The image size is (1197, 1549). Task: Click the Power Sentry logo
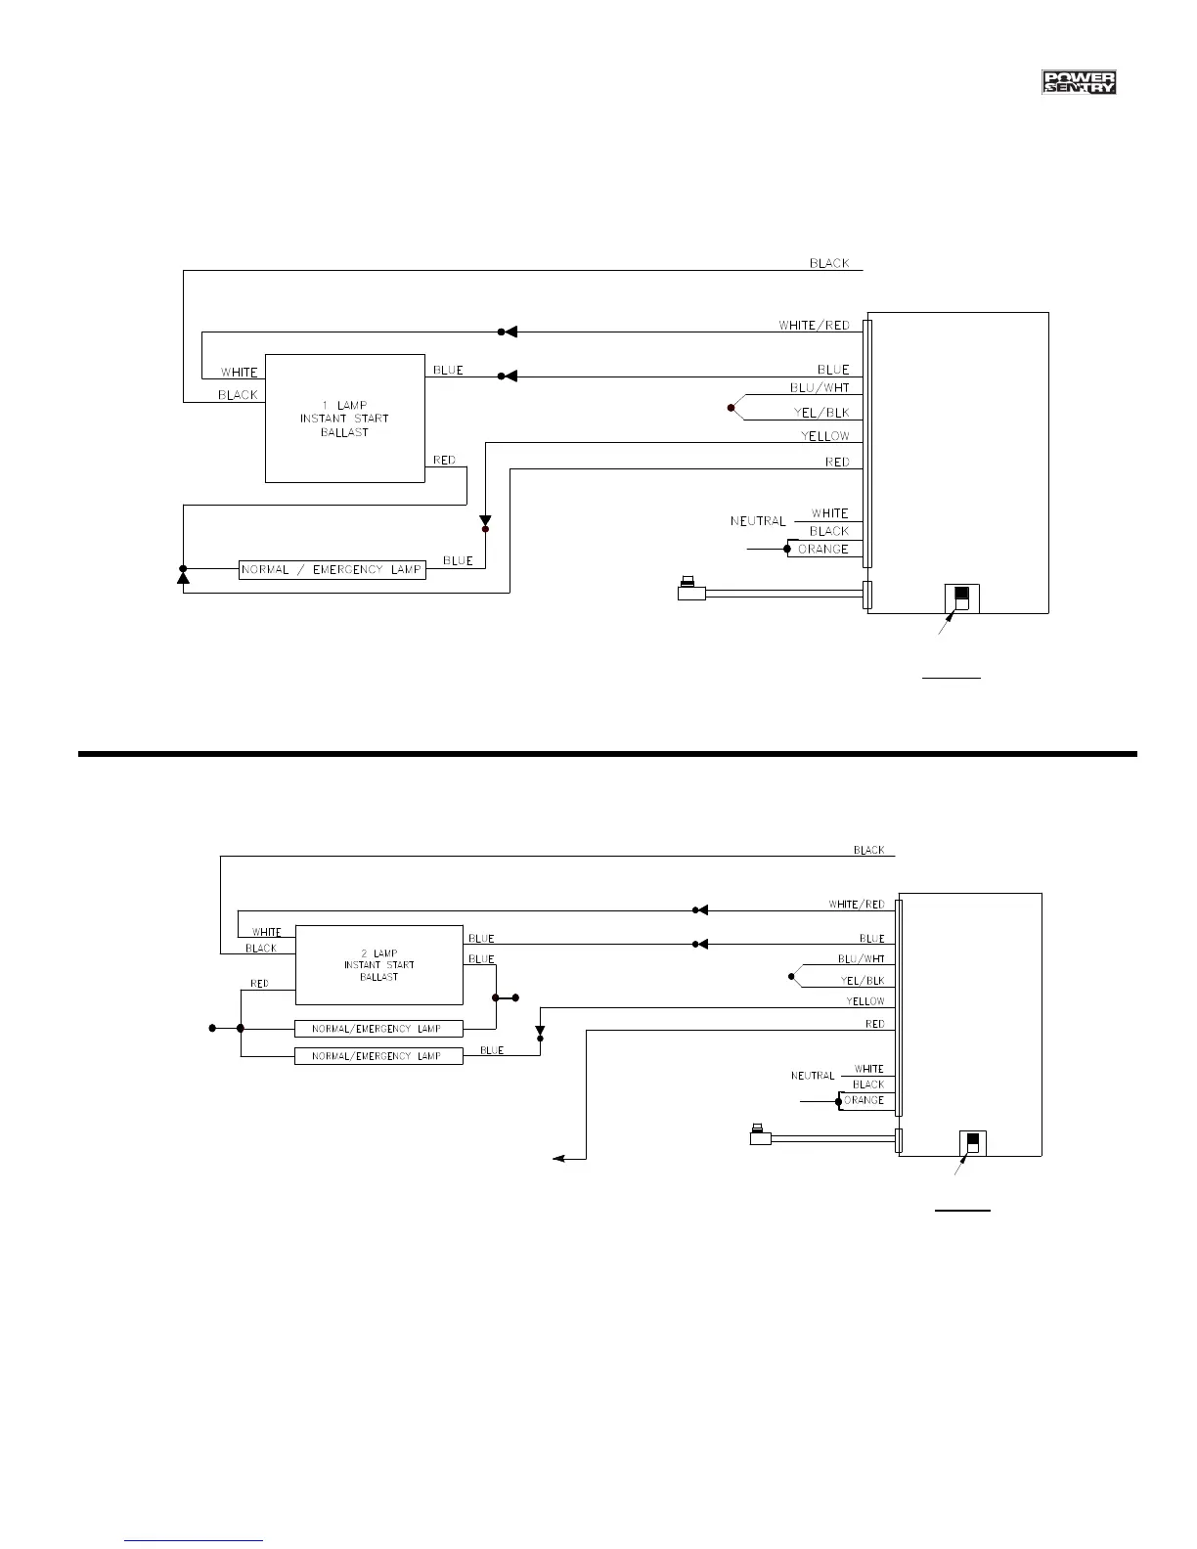[1079, 83]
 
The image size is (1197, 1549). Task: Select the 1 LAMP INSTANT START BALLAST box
[345, 419]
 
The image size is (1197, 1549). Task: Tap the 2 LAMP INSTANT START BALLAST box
[379, 965]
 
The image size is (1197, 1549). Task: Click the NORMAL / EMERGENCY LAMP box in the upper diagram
[332, 570]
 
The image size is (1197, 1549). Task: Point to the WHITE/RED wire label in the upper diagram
[814, 325]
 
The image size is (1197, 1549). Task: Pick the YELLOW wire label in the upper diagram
[825, 436]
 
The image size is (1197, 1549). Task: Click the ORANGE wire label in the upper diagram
[823, 550]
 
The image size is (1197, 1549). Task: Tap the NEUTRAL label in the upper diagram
[758, 521]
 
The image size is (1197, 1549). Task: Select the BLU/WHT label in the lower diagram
[861, 959]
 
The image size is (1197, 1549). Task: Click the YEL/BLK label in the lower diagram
[862, 981]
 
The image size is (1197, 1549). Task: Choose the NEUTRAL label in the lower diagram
[813, 1076]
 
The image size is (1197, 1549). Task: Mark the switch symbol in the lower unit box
[972, 1142]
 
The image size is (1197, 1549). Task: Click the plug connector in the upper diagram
[690, 591]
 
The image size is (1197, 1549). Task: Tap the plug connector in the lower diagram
[760, 1136]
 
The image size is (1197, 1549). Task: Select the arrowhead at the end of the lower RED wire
[558, 1159]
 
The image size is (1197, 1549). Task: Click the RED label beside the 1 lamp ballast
[444, 461]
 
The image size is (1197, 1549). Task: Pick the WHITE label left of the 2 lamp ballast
[267, 932]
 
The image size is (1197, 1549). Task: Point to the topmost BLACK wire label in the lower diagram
[868, 850]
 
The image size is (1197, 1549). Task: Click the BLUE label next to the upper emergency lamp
[458, 561]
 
